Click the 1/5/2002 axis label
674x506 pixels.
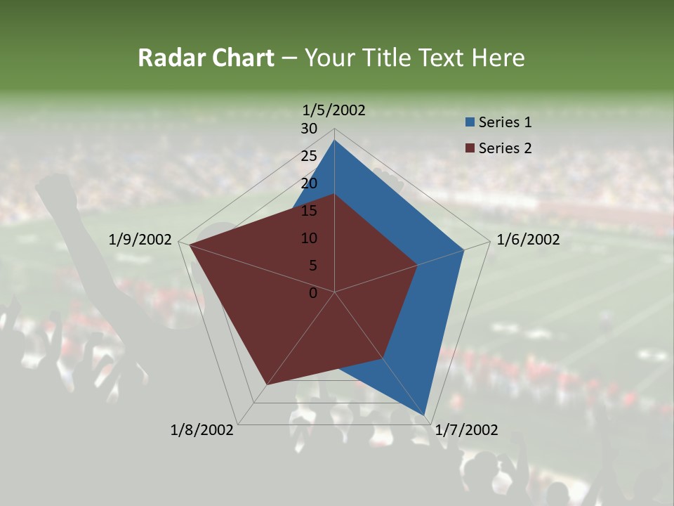334,110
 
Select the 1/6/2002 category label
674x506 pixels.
528,240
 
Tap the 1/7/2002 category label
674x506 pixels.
466,430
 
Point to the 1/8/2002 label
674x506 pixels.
202,430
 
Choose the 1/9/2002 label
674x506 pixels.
140,240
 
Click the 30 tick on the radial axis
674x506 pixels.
309,129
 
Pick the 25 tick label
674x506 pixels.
309,156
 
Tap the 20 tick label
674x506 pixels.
309,183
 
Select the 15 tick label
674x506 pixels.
309,211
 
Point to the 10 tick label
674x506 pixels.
309,238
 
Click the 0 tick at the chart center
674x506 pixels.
313,293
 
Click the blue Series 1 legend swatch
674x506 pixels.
470,122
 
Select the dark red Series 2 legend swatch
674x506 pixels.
470,148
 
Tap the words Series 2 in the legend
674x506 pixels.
505,148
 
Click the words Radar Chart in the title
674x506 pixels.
206,58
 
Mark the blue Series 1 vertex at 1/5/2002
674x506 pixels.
334,141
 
